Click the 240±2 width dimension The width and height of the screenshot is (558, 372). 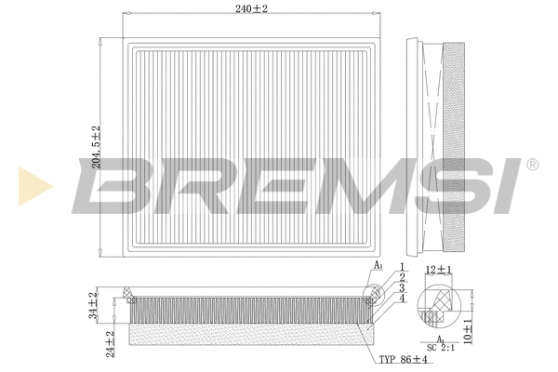point(252,8)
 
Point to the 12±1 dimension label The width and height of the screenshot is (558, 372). point(438,270)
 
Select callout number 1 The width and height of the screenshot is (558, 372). point(403,267)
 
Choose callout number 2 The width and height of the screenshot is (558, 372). point(403,277)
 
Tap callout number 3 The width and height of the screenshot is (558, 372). point(403,287)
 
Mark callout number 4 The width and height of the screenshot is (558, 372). point(403,298)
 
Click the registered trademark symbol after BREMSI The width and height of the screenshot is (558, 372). point(531,165)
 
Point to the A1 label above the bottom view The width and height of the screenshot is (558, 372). point(379,266)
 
